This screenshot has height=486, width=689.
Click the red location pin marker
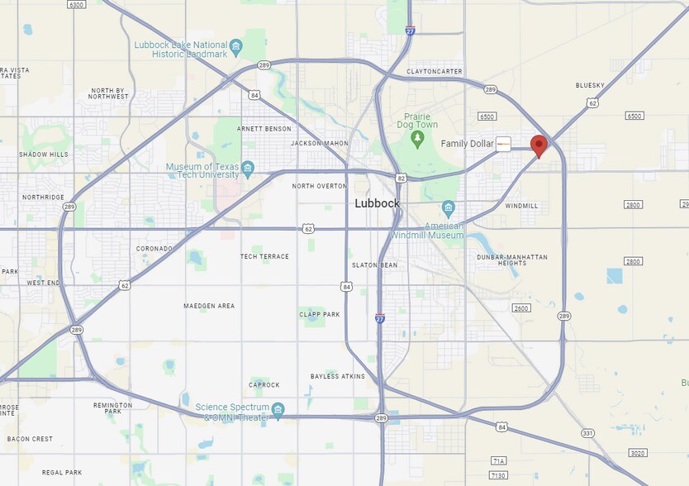tap(539, 146)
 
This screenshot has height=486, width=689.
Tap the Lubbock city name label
tap(377, 203)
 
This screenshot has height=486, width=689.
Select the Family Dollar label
tap(467, 144)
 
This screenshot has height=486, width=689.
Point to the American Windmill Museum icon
tap(449, 207)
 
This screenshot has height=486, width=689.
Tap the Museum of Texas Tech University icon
tap(248, 171)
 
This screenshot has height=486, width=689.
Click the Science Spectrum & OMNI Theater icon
tap(278, 410)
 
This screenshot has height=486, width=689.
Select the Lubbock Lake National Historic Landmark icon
tap(236, 45)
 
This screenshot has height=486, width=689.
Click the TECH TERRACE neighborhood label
tap(264, 256)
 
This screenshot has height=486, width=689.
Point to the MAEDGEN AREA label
tap(209, 306)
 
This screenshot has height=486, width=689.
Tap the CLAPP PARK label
tap(320, 314)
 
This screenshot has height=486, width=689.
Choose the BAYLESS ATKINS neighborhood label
tap(337, 376)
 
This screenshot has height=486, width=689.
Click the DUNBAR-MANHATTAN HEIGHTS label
tap(512, 261)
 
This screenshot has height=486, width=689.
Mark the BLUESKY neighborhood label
tap(590, 85)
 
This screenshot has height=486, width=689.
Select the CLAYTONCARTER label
tap(435, 71)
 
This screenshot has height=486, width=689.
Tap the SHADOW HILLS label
tap(44, 155)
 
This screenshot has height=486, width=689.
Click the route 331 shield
tap(587, 433)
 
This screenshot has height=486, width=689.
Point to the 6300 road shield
tap(77, 5)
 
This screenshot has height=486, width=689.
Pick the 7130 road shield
tap(498, 475)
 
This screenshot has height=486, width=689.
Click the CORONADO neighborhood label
tap(154, 248)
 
